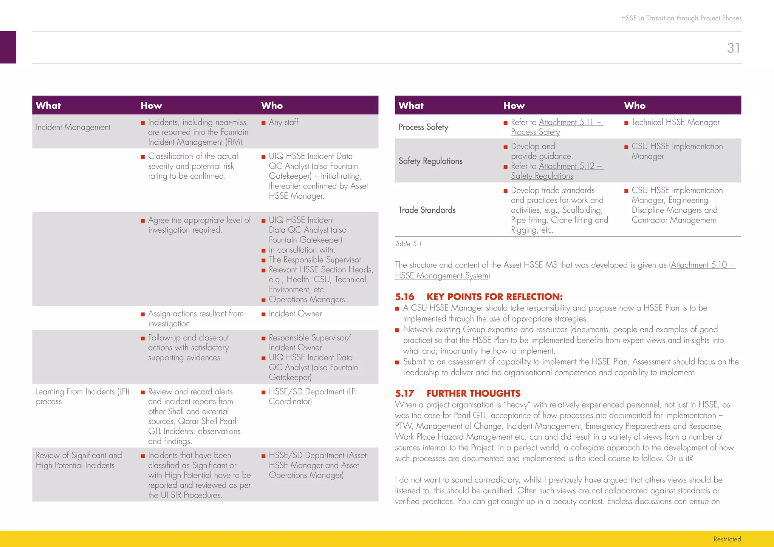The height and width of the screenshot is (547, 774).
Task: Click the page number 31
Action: pyautogui.click(x=733, y=48)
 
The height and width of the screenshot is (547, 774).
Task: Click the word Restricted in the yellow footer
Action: pyautogui.click(x=727, y=539)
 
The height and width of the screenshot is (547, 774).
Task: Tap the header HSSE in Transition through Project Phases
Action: pyautogui.click(x=681, y=18)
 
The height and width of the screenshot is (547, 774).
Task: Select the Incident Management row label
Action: pyautogui.click(x=73, y=127)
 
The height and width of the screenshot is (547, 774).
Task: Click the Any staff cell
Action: pyautogui.click(x=283, y=122)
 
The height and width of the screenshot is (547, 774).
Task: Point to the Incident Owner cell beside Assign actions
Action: pyautogui.click(x=295, y=314)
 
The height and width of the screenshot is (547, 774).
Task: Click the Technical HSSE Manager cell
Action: pyautogui.click(x=675, y=122)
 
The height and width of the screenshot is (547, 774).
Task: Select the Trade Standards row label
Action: pyautogui.click(x=427, y=210)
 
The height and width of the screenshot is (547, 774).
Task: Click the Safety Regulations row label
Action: pyautogui.click(x=430, y=161)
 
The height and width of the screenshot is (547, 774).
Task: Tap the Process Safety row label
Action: pyautogui.click(x=423, y=127)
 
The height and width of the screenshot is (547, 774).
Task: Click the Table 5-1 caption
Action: pyautogui.click(x=408, y=244)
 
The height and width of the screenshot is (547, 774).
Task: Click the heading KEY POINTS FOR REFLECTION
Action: pyautogui.click(x=494, y=297)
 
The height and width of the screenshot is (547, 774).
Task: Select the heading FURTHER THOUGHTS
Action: pyautogui.click(x=473, y=394)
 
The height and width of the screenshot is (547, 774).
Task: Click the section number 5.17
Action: pyautogui.click(x=404, y=394)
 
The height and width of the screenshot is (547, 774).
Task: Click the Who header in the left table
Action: pyautogui.click(x=272, y=106)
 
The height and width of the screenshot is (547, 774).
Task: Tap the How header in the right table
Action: pyautogui.click(x=514, y=106)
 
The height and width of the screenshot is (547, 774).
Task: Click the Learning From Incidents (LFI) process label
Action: pyautogui.click(x=82, y=396)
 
